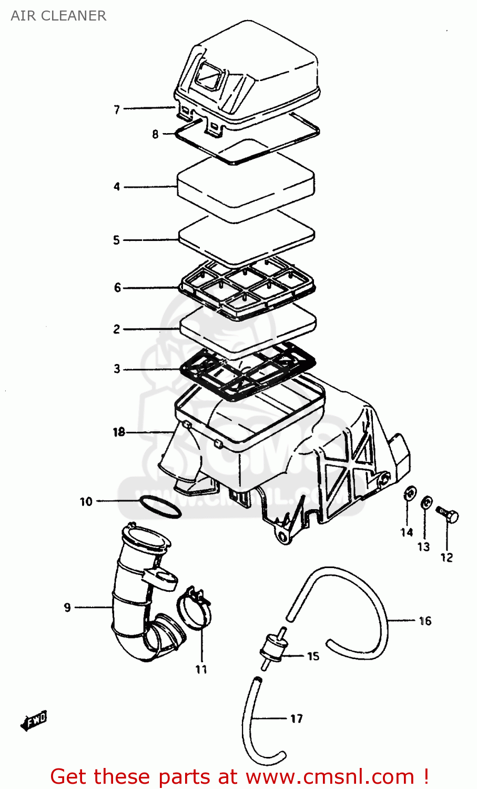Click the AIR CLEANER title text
[x=58, y=16]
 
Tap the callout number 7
[x=117, y=109]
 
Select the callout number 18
[x=119, y=432]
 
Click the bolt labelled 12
[x=448, y=515]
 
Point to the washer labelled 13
[x=427, y=503]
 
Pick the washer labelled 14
[x=408, y=494]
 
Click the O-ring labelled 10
[x=160, y=506]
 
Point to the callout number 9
[x=67, y=608]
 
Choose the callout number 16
[x=425, y=621]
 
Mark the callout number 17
[x=297, y=719]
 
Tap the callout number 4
[x=117, y=186]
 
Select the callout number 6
[x=117, y=288]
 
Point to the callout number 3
[x=117, y=369]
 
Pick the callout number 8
[x=155, y=134]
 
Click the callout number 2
[x=117, y=329]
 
